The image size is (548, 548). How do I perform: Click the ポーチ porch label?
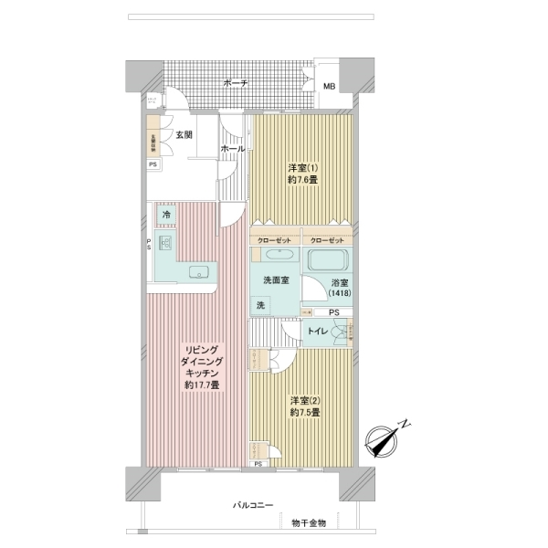click(x=236, y=83)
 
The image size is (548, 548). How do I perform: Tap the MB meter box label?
click(x=329, y=86)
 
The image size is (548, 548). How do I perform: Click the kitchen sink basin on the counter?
click(x=200, y=272)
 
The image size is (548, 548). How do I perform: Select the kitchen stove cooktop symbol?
click(x=165, y=243)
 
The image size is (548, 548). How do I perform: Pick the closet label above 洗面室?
click(x=275, y=239)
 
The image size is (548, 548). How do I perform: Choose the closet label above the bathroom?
click(x=326, y=239)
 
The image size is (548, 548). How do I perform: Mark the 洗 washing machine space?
click(x=260, y=305)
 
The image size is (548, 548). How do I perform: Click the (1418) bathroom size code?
click(x=340, y=294)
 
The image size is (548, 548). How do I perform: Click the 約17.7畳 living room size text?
click(x=202, y=385)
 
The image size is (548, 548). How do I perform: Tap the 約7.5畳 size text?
click(x=306, y=413)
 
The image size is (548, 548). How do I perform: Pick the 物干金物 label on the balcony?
click(x=309, y=523)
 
